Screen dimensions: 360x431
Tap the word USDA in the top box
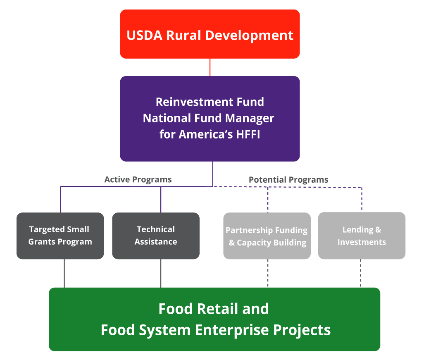tap(144, 35)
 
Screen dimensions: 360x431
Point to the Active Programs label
tap(138, 180)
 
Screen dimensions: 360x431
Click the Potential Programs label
tap(288, 180)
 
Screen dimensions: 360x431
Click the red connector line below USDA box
tap(210, 67)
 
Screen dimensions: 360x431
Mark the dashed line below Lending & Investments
tap(360, 273)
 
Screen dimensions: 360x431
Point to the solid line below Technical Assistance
tap(161, 273)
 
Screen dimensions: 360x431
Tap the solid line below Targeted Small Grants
tap(64, 273)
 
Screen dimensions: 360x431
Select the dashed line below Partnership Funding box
tap(268, 273)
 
